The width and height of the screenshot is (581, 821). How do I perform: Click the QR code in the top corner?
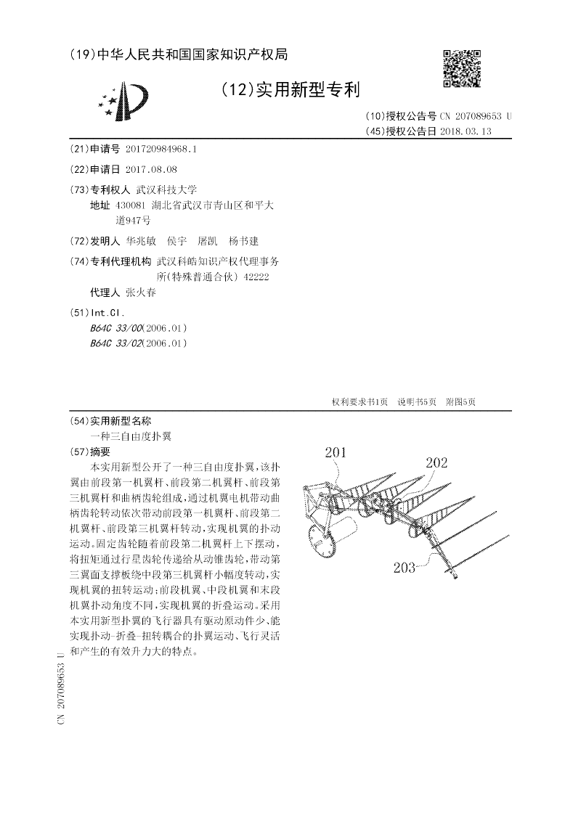point(462,68)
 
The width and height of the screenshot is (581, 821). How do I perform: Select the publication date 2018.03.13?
point(466,131)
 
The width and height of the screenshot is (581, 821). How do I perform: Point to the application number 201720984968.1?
point(161,150)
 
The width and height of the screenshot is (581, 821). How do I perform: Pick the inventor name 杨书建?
point(243,241)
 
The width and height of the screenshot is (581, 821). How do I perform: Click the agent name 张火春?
point(140,293)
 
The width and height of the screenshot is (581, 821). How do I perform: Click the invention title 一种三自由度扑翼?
point(130,436)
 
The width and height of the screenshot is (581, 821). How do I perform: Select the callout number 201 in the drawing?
point(336,453)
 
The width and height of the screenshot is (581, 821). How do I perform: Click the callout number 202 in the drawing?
point(436,462)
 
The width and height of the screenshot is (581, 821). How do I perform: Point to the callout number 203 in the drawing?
point(405,567)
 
